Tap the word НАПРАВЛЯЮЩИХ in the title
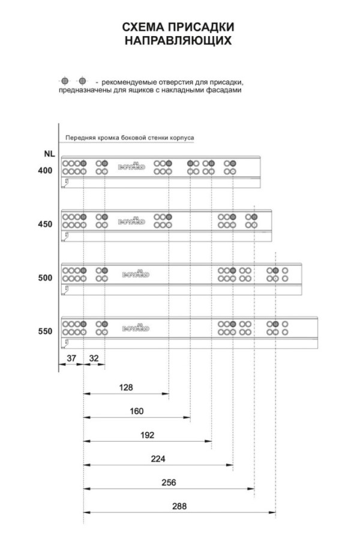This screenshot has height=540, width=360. pyautogui.click(x=178, y=41)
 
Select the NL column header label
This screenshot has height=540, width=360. pyautogui.click(x=49, y=154)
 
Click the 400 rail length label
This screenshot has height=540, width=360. pyautogui.click(x=45, y=170)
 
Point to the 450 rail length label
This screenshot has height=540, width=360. pyautogui.click(x=45, y=224)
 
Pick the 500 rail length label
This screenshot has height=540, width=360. pyautogui.click(x=45, y=278)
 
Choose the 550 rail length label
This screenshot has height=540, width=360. pyautogui.click(x=45, y=331)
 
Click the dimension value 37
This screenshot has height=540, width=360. pyautogui.click(x=71, y=358)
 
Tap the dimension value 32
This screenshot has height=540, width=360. pyautogui.click(x=94, y=358)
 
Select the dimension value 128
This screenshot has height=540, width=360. pyautogui.click(x=126, y=388)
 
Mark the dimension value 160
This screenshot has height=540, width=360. pyautogui.click(x=136, y=411)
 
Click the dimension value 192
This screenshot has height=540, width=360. pyautogui.click(x=147, y=435)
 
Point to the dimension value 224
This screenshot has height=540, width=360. pyautogui.click(x=158, y=459)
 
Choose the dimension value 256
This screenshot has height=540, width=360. pyautogui.click(x=169, y=482)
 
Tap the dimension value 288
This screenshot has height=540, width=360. pyautogui.click(x=179, y=506)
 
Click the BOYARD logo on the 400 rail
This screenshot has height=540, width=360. pyautogui.click(x=131, y=166)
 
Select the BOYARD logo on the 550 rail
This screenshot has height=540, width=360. pyautogui.click(x=136, y=328)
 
